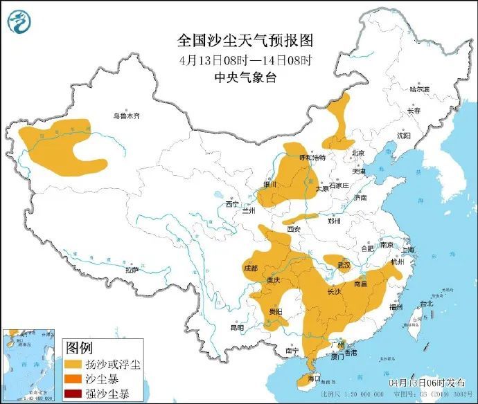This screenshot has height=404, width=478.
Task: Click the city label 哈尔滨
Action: [419, 89]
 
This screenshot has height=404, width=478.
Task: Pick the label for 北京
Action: [357, 154]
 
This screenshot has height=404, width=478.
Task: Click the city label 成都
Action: [250, 268]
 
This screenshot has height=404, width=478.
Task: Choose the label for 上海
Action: [408, 250]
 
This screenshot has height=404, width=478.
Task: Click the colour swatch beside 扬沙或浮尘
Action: [73, 364]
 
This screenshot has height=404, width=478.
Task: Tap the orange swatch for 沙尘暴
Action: [73, 379]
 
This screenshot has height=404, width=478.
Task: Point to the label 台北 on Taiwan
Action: [425, 303]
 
